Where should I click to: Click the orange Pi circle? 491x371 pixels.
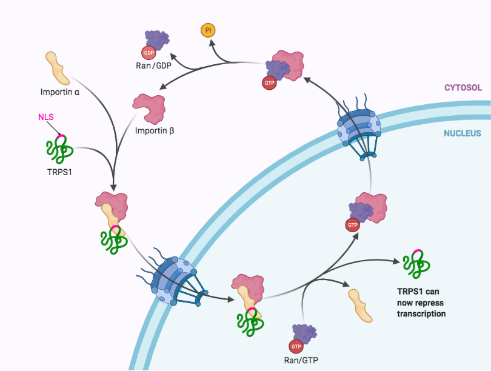[209, 30]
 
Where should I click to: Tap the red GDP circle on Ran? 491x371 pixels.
[149, 52]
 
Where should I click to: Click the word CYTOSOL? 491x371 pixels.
[463, 88]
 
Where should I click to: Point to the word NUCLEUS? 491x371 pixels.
[463, 133]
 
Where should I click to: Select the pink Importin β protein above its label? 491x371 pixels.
[149, 107]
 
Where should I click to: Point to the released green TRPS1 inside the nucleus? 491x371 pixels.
[417, 262]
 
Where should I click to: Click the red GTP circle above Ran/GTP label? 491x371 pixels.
[296, 346]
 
